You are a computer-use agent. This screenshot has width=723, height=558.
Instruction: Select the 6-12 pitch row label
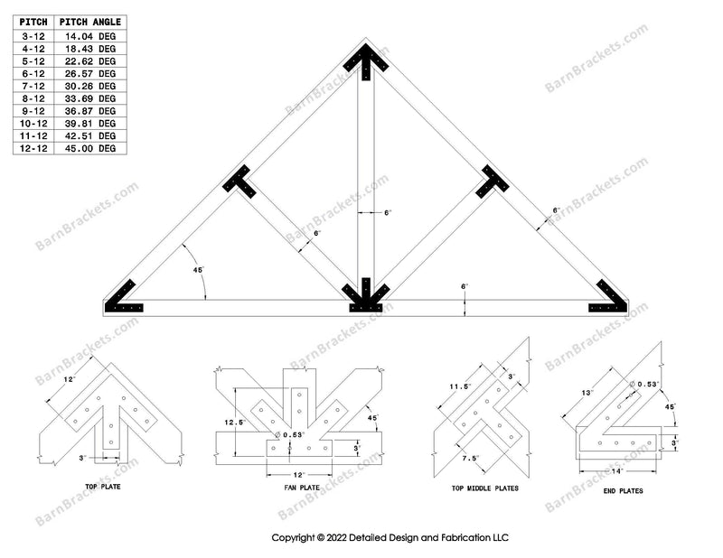[x=33, y=73]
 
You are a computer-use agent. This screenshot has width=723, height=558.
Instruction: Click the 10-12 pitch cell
[x=33, y=123]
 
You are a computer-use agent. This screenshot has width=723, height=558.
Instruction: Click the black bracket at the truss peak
[x=366, y=61]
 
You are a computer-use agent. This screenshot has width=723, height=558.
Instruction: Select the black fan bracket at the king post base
[x=365, y=296]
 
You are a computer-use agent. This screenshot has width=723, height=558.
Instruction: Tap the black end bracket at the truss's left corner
[x=125, y=298]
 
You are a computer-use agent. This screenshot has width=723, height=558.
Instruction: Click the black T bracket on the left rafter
[x=240, y=181]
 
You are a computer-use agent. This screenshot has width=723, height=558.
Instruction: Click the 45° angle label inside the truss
[x=198, y=269]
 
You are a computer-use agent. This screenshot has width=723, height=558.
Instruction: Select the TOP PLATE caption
[x=104, y=487]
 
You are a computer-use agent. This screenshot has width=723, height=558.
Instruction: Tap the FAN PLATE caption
[x=297, y=488]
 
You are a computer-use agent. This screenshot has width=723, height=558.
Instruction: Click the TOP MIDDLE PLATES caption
[x=479, y=488]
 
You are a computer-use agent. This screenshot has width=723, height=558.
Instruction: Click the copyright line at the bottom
[x=390, y=537]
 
